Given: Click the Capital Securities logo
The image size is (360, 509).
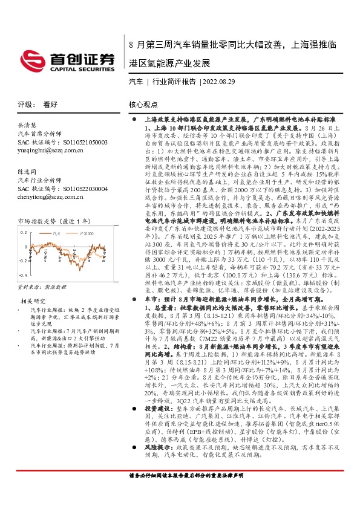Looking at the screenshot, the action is [67, 60].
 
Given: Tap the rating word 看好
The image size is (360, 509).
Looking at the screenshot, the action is [50, 104].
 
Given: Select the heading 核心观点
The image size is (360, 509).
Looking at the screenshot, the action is [143, 104].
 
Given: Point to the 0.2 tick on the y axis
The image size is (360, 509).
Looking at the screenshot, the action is [24, 232].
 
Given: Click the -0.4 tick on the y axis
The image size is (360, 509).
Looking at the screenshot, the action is [23, 276].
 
